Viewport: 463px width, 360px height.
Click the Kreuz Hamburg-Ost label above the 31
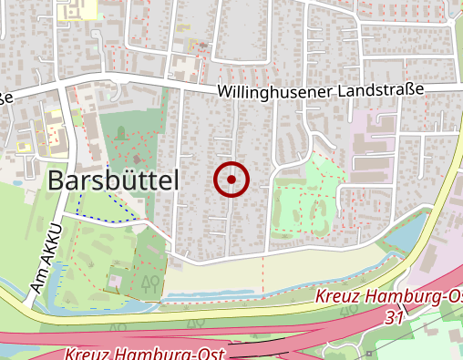pyautogui.click(x=389, y=298)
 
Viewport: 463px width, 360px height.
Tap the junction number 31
pyautogui.click(x=394, y=316)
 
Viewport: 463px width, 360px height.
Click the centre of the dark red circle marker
pyautogui.click(x=231, y=180)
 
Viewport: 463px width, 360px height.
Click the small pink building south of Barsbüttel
pyautogui.click(x=116, y=278)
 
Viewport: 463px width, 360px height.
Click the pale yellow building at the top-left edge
pyautogui.click(x=78, y=9)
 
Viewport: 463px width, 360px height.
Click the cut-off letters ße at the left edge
pyautogui.click(x=5, y=96)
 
